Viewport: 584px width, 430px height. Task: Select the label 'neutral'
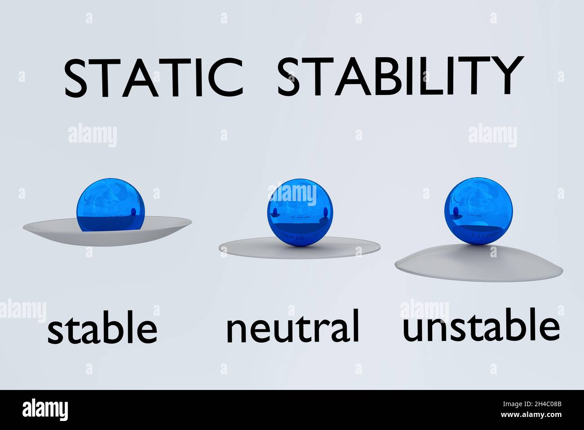pos(292,327)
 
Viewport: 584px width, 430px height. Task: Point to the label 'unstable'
pos(481,325)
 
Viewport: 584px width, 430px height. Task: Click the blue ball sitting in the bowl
pos(111,205)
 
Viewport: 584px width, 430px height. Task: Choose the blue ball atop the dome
pos(478,212)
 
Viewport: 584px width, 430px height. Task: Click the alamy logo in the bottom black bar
pos(45,410)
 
